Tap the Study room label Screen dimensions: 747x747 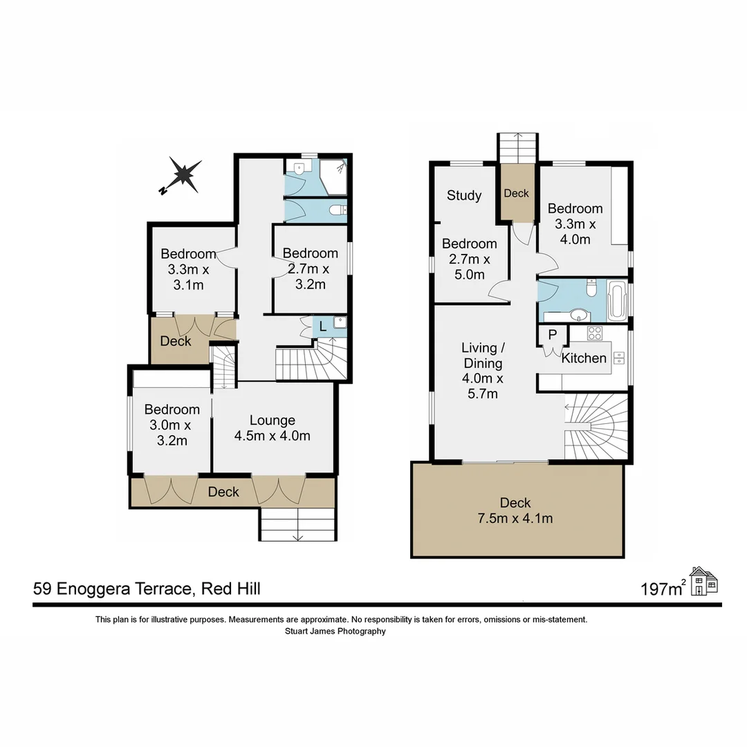pos(463,195)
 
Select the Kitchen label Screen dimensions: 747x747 pos(584,358)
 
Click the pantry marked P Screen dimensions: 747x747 pos(552,334)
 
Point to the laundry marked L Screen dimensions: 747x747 pos(323,327)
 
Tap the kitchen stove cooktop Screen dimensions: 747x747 pos(594,333)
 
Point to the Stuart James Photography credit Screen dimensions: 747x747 pos(335,631)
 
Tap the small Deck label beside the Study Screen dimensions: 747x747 pos(516,194)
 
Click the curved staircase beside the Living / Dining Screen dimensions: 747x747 pos(597,425)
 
